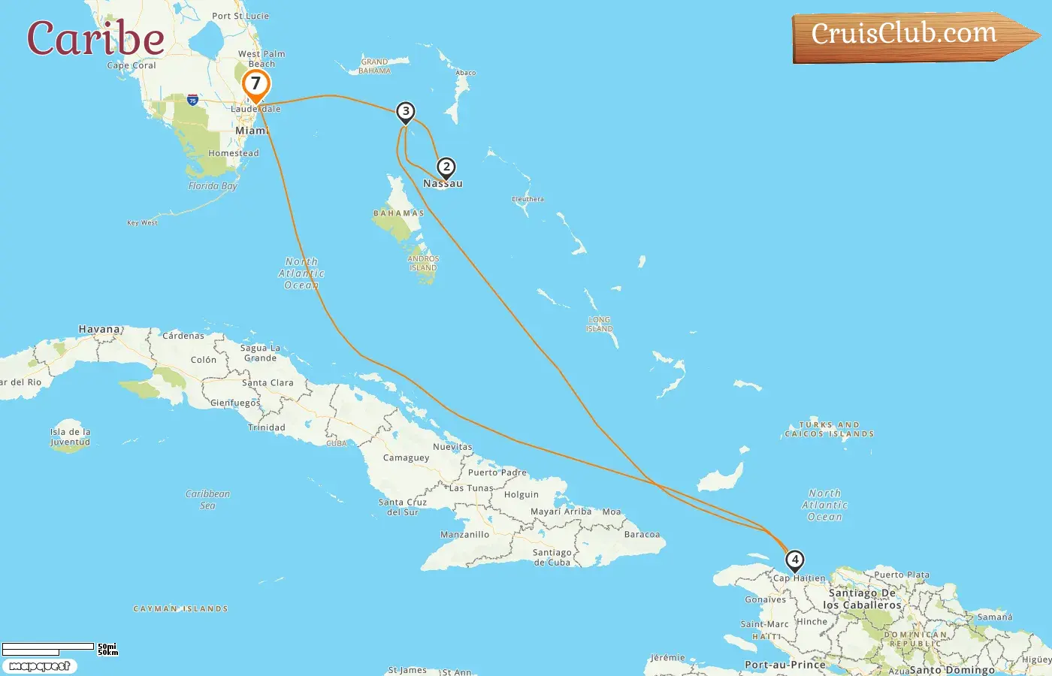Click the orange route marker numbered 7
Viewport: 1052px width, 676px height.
tap(255, 84)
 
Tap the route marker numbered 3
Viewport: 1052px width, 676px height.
tap(406, 112)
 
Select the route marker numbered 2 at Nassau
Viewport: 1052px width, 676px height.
tap(446, 167)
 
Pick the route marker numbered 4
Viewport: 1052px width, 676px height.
tap(794, 560)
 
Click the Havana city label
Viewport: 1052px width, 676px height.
tap(100, 329)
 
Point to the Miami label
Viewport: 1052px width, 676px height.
tap(252, 131)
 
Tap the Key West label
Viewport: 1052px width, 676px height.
tap(142, 222)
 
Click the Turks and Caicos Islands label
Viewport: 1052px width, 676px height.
tap(830, 429)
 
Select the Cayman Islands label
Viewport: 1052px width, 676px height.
tap(180, 608)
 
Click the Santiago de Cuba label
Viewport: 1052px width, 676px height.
tap(552, 557)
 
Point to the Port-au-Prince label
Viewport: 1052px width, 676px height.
tap(784, 665)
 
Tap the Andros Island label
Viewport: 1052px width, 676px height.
tap(423, 263)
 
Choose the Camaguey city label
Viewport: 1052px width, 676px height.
tap(406, 457)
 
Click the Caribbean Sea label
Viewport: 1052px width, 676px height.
tap(207, 499)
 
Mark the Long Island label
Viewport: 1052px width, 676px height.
tap(600, 324)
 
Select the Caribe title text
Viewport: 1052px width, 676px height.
tap(95, 38)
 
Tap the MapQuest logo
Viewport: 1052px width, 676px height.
tap(39, 666)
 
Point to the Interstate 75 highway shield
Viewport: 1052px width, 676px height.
tap(193, 100)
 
